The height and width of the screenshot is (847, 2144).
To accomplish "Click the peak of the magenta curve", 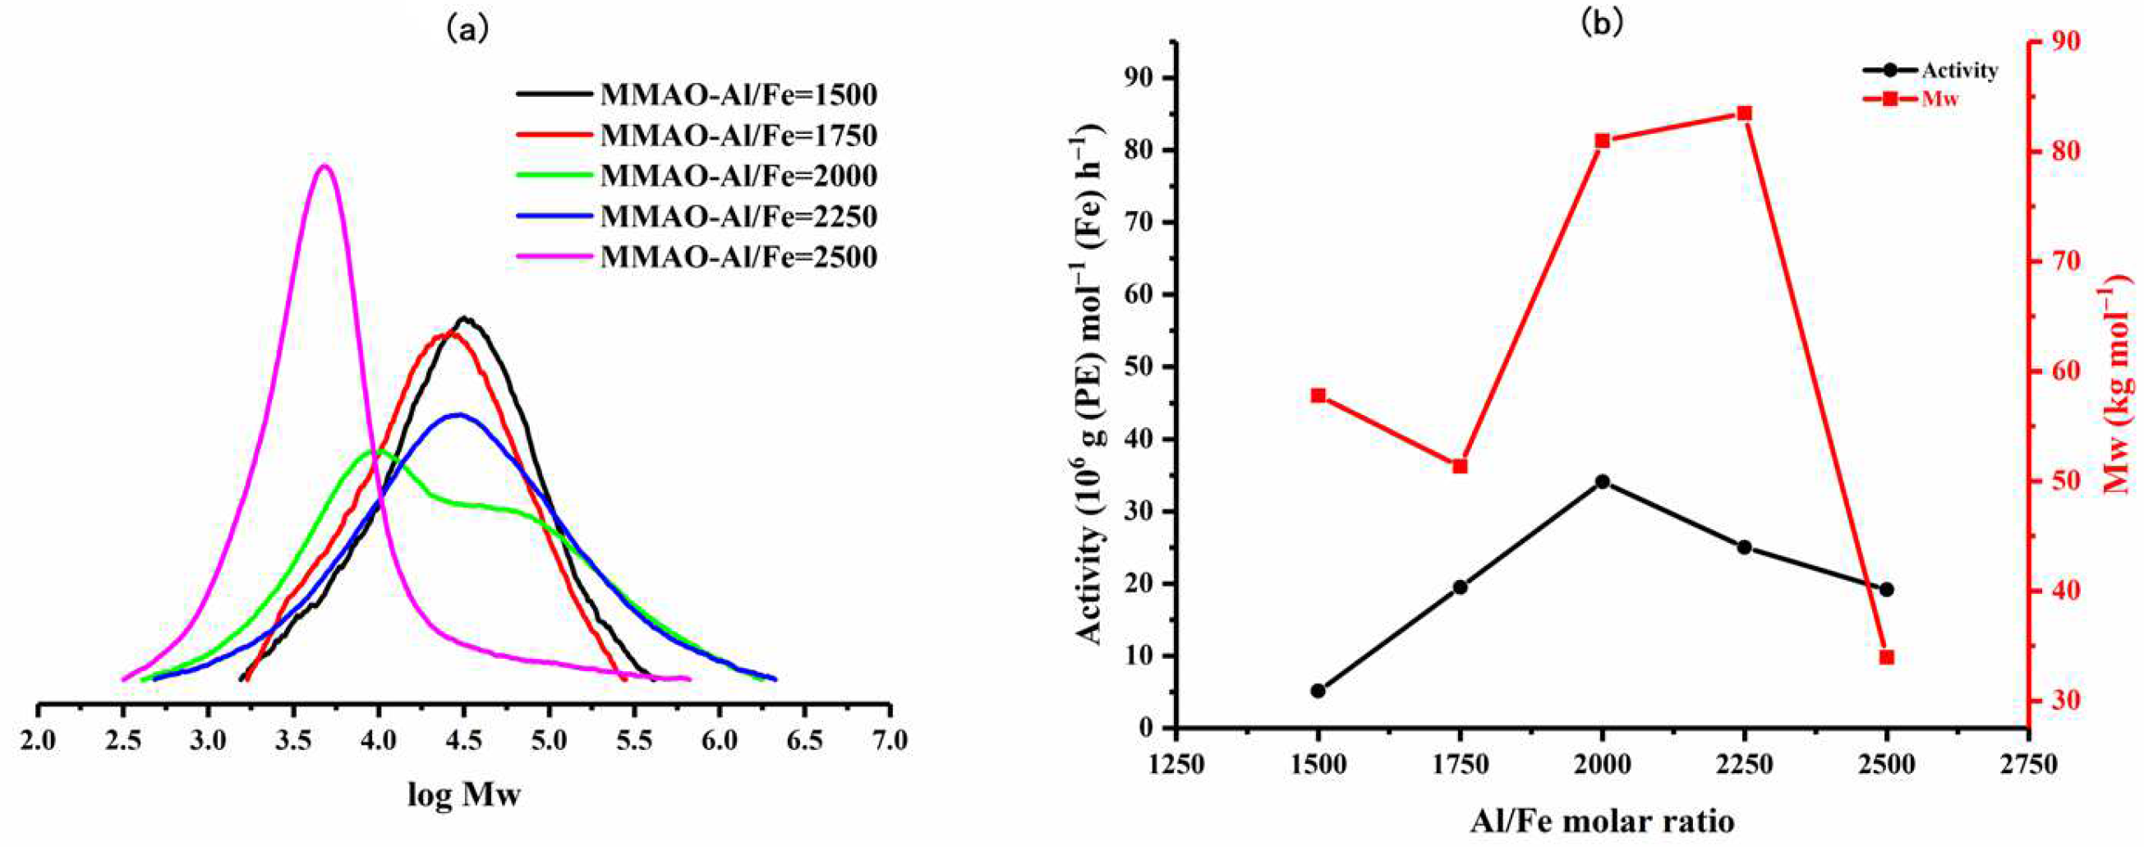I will [x=324, y=166].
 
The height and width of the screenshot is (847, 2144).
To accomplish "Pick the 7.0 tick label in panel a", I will [x=889, y=738].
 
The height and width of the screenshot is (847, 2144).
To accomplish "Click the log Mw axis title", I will [x=463, y=795].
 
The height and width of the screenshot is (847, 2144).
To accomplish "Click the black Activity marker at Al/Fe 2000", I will [x=1602, y=481].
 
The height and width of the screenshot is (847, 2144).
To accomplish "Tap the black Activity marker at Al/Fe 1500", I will [x=1318, y=691].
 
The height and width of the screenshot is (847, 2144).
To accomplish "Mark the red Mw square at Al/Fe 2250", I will [x=1745, y=113].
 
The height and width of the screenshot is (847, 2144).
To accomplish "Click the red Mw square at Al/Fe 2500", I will [x=1887, y=657].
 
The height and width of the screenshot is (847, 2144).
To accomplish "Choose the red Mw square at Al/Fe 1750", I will [x=1460, y=466].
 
